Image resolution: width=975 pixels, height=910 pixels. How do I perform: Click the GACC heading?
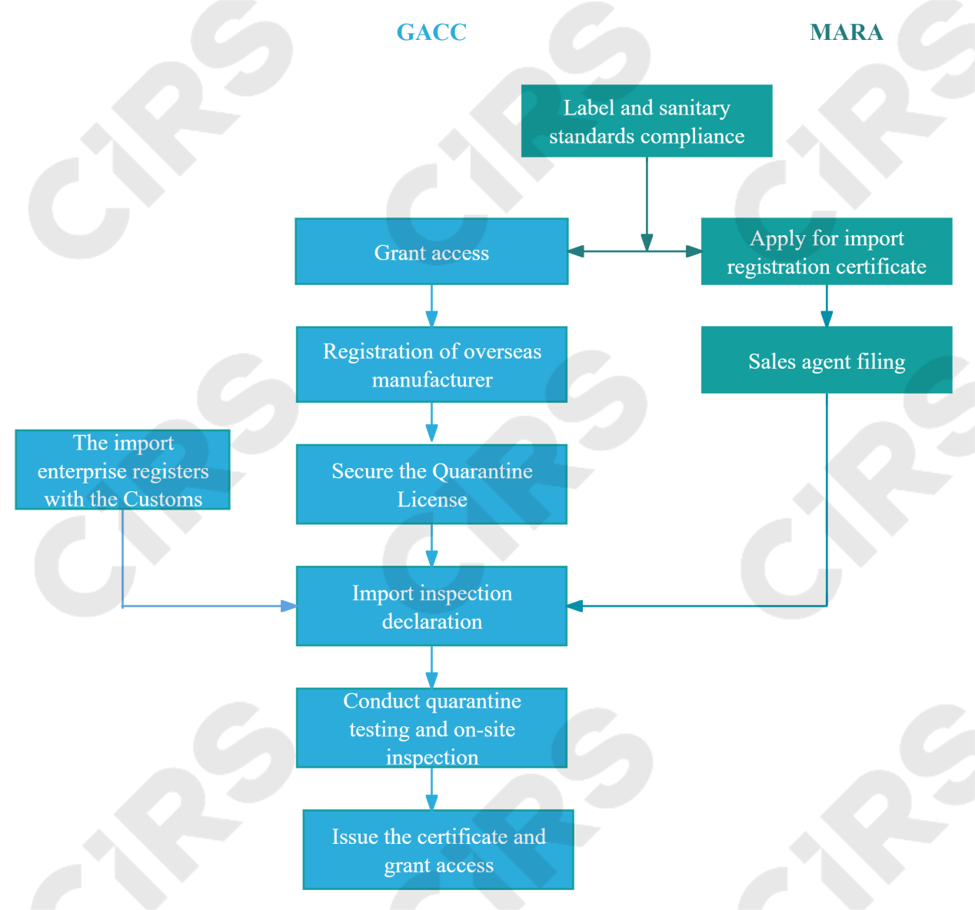point(431,32)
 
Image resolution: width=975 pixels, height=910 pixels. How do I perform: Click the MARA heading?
point(847,32)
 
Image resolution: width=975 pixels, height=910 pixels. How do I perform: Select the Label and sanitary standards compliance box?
point(647,121)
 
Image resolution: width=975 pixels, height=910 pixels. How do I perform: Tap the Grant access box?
point(431,252)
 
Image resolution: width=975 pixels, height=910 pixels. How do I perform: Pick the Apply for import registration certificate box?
point(827,252)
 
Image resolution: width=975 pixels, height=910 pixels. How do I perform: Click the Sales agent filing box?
point(827,360)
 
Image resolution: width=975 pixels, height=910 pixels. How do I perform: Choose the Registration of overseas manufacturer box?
point(431,365)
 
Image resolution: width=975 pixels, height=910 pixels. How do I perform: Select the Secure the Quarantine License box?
point(431,485)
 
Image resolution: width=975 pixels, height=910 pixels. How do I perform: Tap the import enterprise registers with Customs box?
point(123,470)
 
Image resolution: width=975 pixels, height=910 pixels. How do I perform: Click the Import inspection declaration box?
point(431,606)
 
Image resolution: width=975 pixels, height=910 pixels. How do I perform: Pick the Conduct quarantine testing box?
point(431,728)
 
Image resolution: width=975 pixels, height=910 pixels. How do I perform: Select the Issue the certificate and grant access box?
point(438,850)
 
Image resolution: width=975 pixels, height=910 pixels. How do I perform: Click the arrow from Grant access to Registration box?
point(431,307)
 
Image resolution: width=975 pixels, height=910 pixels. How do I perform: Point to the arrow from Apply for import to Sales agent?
point(827,307)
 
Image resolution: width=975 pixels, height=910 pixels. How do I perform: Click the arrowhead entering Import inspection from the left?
point(288,606)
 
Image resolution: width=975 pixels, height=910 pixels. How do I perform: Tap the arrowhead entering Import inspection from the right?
point(576,606)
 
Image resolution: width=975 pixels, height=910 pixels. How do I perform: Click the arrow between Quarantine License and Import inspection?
point(431,546)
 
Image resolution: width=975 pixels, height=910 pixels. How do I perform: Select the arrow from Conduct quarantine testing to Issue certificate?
point(431,789)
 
